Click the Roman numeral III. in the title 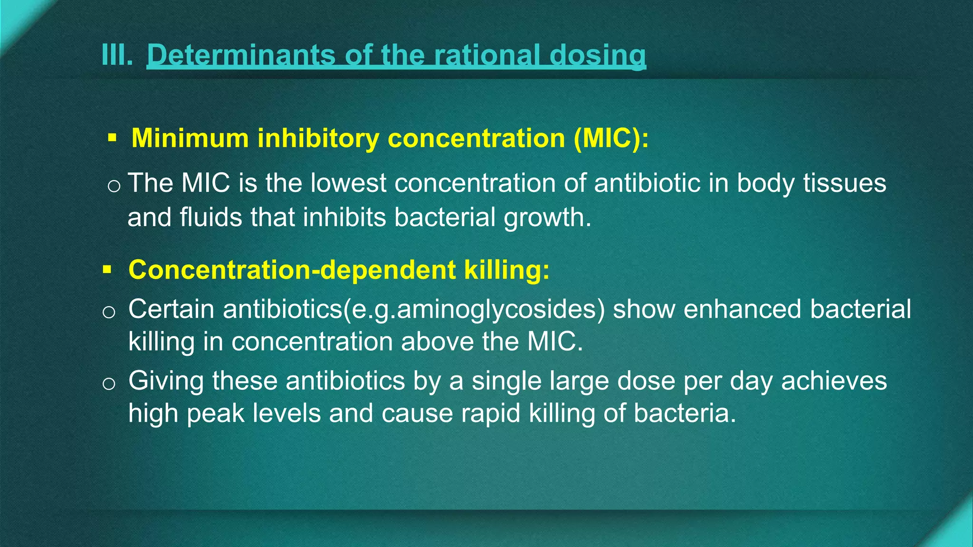point(117,55)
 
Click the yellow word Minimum point(190,138)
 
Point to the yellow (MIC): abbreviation point(611,138)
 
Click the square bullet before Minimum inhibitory point(112,138)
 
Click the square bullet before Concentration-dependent point(107,270)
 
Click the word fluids point(211,217)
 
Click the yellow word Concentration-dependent point(292,270)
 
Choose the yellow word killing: point(506,270)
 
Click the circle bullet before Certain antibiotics point(109,312)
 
